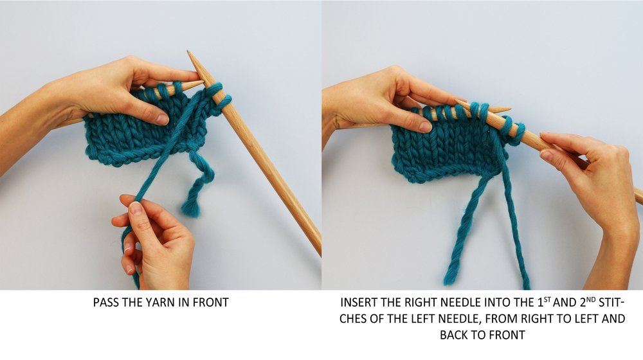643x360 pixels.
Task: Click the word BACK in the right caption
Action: click(455, 334)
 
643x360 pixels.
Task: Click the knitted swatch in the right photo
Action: click(444, 145)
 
